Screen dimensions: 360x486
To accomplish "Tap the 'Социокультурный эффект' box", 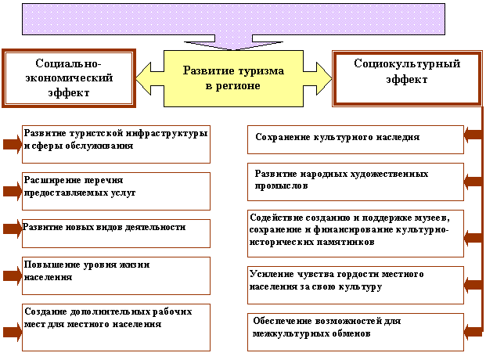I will (406, 77).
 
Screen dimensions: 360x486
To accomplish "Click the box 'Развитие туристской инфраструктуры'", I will (116, 144).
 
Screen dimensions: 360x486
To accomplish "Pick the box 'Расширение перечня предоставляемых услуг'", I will (116, 191).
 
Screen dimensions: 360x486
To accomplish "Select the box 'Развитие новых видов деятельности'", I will (116, 232).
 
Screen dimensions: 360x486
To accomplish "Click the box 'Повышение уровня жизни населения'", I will (116, 275).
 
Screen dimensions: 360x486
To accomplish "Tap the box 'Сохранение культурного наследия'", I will (355, 139).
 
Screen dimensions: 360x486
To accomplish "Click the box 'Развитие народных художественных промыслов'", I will (355, 180).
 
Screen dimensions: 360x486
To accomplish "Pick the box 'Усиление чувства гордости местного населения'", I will (355, 281).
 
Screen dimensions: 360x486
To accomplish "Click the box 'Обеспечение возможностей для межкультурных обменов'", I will (355, 327).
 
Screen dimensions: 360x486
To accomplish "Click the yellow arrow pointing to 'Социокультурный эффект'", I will (318, 77).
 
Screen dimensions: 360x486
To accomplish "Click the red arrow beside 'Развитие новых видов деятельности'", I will (11, 229).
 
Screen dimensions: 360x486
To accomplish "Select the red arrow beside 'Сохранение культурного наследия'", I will (473, 135).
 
